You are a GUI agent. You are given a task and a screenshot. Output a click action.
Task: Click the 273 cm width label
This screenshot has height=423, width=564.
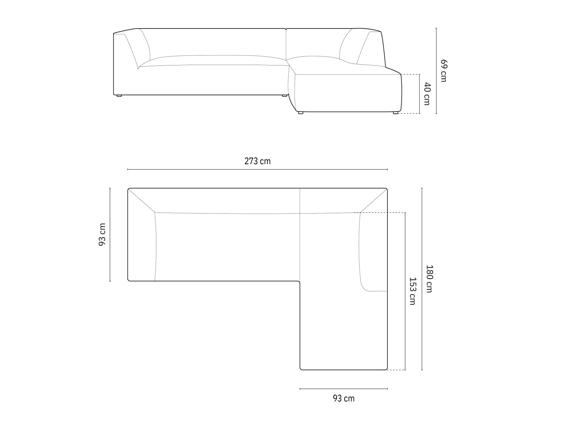(x=257, y=161)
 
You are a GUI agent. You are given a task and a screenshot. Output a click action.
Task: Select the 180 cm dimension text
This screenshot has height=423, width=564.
(x=430, y=279)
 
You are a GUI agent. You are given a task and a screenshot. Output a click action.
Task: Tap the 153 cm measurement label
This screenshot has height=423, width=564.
(x=412, y=291)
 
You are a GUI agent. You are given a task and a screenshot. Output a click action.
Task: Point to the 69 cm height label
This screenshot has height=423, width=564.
(x=444, y=71)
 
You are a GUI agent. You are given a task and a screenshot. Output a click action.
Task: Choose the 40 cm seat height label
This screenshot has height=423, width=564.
(x=427, y=94)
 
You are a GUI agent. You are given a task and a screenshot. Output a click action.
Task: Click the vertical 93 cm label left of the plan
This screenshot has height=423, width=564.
(x=102, y=234)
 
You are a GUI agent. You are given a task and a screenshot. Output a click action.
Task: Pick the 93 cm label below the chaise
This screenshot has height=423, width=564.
(x=343, y=398)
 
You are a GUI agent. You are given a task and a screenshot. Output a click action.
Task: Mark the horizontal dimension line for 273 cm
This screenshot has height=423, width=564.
(x=258, y=169)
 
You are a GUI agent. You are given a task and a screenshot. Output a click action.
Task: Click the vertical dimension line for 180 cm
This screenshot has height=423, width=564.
(x=422, y=279)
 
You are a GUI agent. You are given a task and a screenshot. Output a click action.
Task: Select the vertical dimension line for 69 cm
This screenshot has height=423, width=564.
(x=436, y=71)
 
